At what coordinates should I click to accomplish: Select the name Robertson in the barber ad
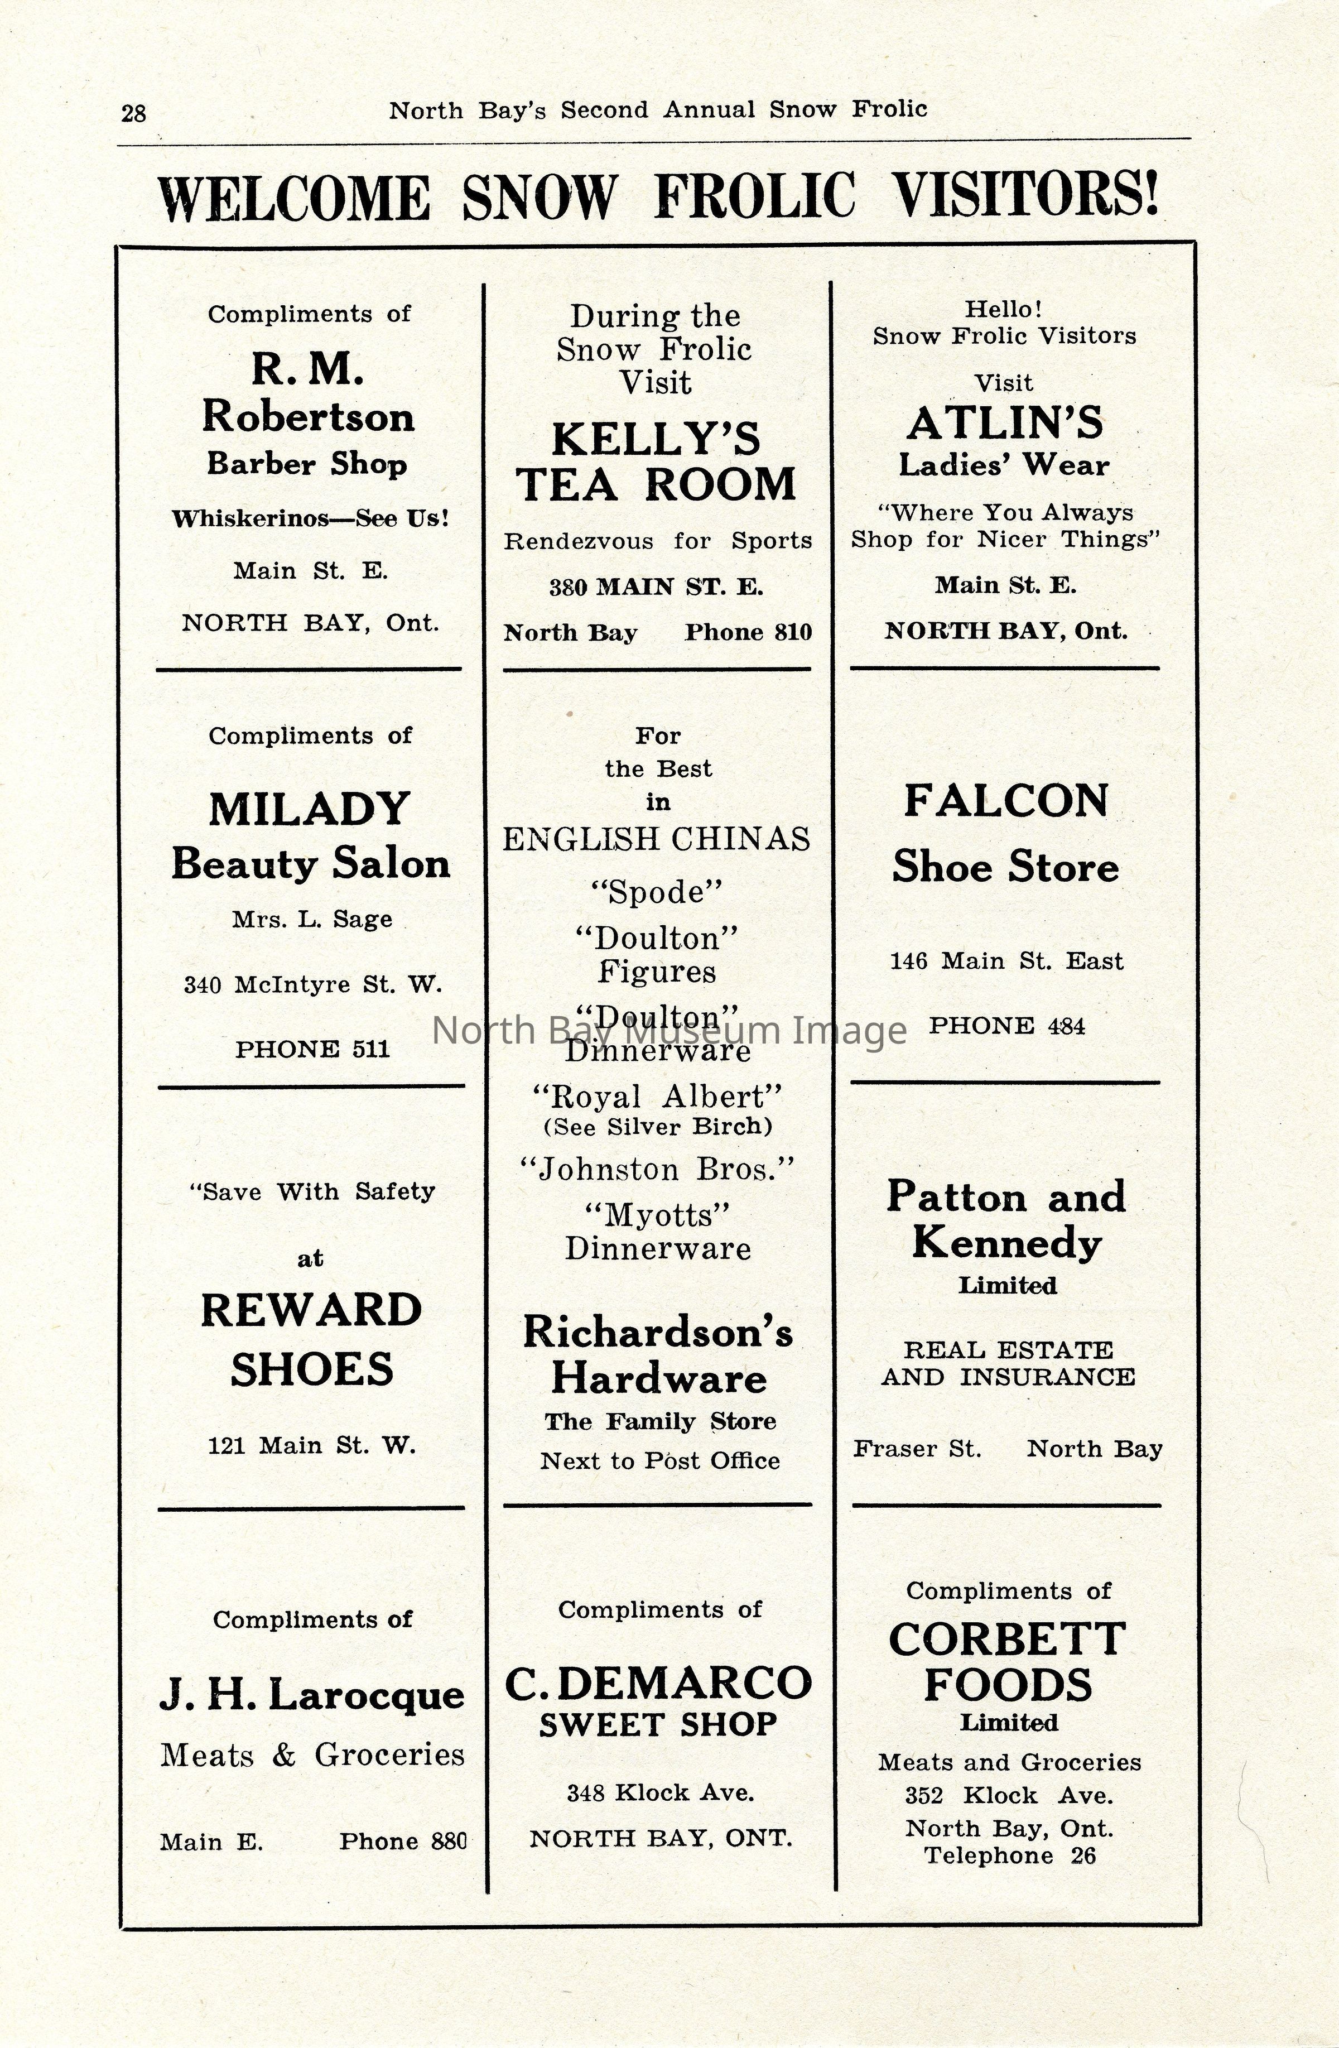(x=308, y=418)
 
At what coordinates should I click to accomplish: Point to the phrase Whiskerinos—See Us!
(x=310, y=519)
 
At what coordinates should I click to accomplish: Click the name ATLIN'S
(x=1004, y=424)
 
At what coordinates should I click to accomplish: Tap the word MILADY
(x=309, y=810)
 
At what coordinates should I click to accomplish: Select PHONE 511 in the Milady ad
(x=312, y=1049)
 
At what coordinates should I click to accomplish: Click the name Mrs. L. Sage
(x=311, y=919)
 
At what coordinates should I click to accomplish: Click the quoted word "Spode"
(x=657, y=892)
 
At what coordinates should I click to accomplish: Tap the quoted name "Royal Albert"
(x=657, y=1097)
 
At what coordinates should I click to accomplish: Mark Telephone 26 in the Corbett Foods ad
(x=1009, y=1856)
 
